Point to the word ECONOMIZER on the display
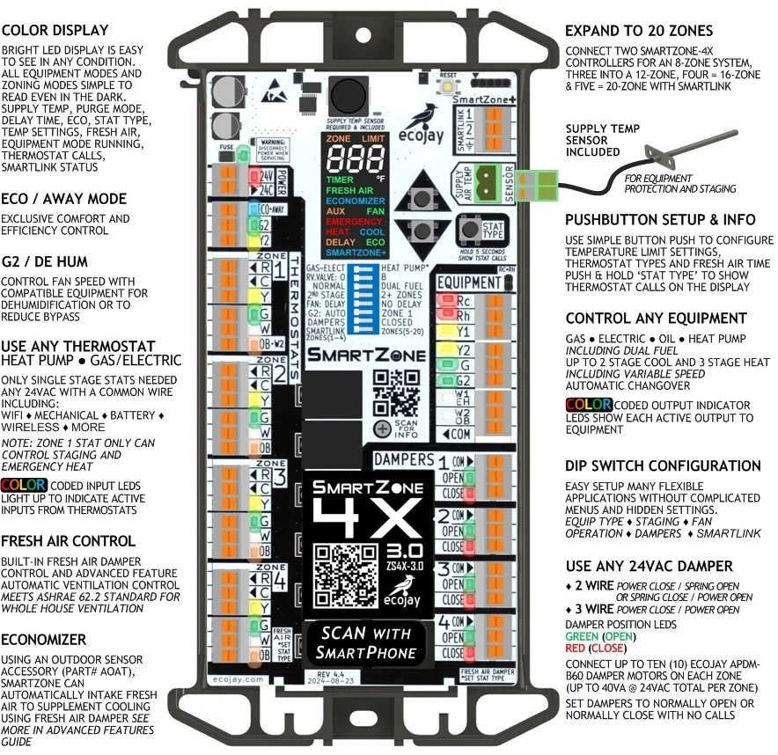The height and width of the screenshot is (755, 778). [355, 201]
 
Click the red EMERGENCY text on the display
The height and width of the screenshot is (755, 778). [355, 222]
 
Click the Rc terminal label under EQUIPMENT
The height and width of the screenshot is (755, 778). [463, 300]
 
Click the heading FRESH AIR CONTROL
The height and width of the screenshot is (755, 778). [68, 541]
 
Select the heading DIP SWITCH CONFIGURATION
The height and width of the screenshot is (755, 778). [663, 465]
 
